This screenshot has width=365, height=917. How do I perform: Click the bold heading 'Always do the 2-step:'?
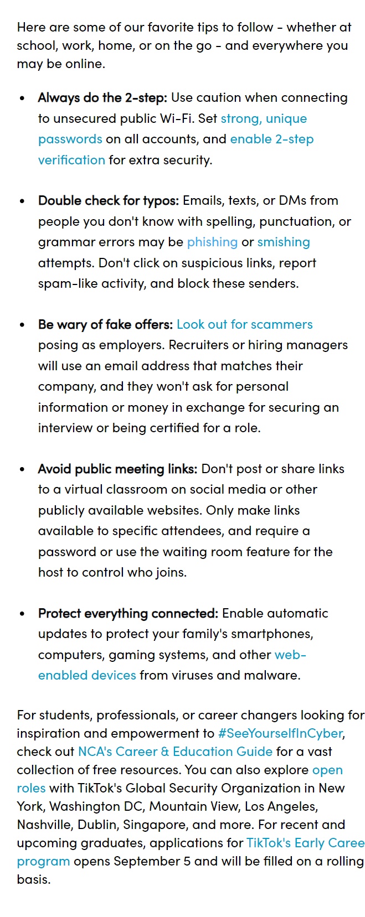(102, 98)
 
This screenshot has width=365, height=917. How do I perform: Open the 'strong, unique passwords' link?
(264, 119)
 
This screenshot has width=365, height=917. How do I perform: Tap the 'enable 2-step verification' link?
(271, 139)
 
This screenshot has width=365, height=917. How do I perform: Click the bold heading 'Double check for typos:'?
(109, 201)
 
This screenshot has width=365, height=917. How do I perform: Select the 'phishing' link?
(212, 242)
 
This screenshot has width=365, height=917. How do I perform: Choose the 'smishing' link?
(284, 242)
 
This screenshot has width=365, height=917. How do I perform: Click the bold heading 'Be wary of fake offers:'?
(105, 325)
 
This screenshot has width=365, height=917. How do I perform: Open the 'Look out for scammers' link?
(245, 325)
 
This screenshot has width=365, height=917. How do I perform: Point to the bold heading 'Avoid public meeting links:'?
(117, 469)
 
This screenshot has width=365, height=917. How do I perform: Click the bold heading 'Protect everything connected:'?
(128, 614)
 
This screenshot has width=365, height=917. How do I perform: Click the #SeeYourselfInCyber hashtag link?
(280, 734)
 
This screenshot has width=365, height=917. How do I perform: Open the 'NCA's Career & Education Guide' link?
(175, 752)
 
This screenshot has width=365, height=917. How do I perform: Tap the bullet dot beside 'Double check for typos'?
(22, 201)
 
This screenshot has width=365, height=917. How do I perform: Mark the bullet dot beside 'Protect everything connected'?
(22, 614)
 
